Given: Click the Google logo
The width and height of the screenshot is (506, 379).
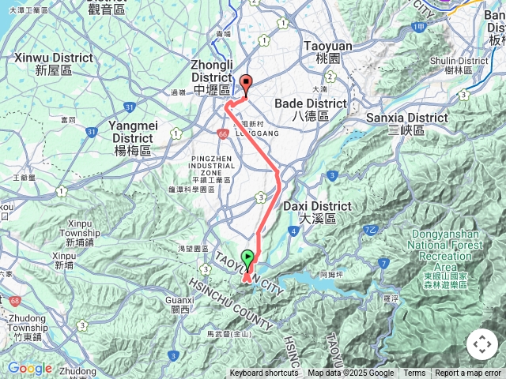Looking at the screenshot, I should (x=29, y=368).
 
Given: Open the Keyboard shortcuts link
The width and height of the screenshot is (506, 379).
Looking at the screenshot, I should (x=264, y=373).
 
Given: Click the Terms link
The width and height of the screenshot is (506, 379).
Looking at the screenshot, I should (x=414, y=373).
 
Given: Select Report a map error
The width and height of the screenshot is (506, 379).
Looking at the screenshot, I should (x=469, y=373).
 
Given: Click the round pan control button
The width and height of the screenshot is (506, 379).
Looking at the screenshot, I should (x=482, y=344).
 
